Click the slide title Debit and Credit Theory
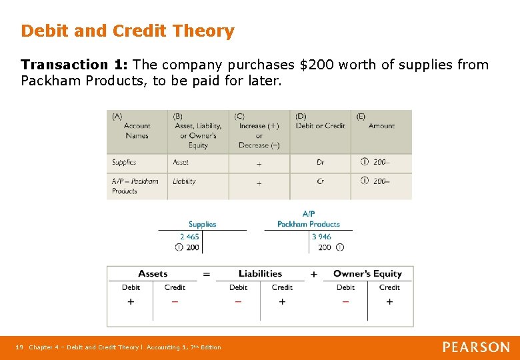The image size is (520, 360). (127, 31)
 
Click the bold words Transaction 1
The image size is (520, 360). (73, 65)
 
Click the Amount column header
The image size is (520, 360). (381, 125)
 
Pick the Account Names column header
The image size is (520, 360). (137, 130)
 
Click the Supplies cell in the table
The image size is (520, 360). (124, 162)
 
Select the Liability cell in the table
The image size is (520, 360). (185, 181)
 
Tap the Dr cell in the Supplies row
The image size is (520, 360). (321, 162)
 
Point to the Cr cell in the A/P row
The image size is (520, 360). (321, 181)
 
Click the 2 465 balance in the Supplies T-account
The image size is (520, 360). (189, 237)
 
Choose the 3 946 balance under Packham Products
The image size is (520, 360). (321, 237)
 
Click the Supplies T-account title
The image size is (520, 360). (202, 224)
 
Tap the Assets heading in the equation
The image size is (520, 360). (153, 273)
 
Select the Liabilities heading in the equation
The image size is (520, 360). (260, 273)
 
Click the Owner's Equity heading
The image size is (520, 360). (367, 273)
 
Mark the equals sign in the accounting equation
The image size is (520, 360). (206, 274)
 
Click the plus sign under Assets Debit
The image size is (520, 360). (131, 301)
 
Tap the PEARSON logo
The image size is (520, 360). (476, 347)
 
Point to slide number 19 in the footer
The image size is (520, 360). (19, 347)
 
